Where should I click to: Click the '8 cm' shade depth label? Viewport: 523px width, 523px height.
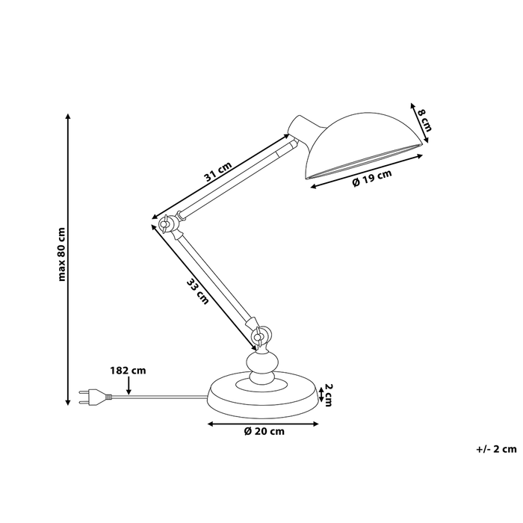pos(424,120)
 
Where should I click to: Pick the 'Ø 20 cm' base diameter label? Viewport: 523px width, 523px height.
pos(264,431)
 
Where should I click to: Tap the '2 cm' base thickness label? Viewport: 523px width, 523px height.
pos(326,394)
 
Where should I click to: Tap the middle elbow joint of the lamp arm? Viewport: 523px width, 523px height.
pos(168,223)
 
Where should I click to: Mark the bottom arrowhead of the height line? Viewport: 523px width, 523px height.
pos(69,403)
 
